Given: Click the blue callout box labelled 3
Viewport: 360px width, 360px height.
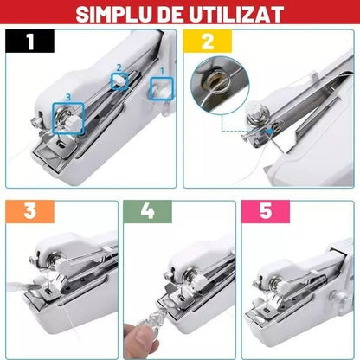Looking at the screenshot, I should [66, 112].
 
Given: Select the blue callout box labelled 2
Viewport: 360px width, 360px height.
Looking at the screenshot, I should [119, 80].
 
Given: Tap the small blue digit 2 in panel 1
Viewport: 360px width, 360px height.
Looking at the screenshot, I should [119, 67].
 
